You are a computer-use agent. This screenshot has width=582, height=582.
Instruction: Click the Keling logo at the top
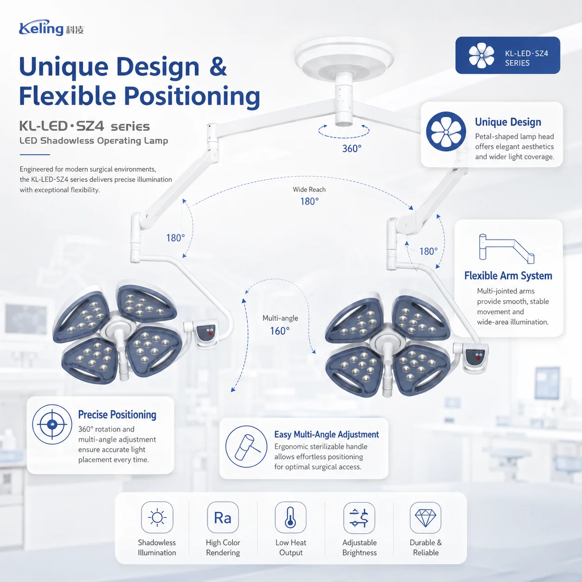point(52,28)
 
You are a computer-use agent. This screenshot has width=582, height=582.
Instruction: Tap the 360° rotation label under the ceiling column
point(351,149)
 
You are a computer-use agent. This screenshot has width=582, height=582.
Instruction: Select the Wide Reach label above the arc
point(309,189)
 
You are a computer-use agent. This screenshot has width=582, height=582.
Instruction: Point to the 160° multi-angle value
point(280,331)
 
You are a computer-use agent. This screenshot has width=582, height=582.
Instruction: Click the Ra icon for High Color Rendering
point(223,518)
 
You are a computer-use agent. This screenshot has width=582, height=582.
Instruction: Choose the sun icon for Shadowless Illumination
point(157,517)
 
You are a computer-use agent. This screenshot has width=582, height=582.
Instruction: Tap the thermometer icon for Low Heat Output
point(291,517)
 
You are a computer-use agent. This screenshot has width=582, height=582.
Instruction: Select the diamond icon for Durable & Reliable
point(425,517)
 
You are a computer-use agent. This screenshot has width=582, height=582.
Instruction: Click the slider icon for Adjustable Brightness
point(359,517)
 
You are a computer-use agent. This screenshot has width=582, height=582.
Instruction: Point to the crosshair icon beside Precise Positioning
point(52,424)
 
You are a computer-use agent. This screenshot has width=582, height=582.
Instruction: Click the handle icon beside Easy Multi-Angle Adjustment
point(246,446)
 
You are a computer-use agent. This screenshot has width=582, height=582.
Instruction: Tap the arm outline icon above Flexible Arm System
point(506,248)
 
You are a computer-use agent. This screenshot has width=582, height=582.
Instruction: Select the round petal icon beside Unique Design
point(446,132)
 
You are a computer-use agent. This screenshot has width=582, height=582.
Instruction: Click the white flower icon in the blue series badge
point(481,55)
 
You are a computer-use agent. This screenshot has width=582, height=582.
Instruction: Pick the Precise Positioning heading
point(117,414)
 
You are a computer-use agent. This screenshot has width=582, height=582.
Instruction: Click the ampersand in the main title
point(218,66)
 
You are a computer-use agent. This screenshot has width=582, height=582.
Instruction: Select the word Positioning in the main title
point(192,96)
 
